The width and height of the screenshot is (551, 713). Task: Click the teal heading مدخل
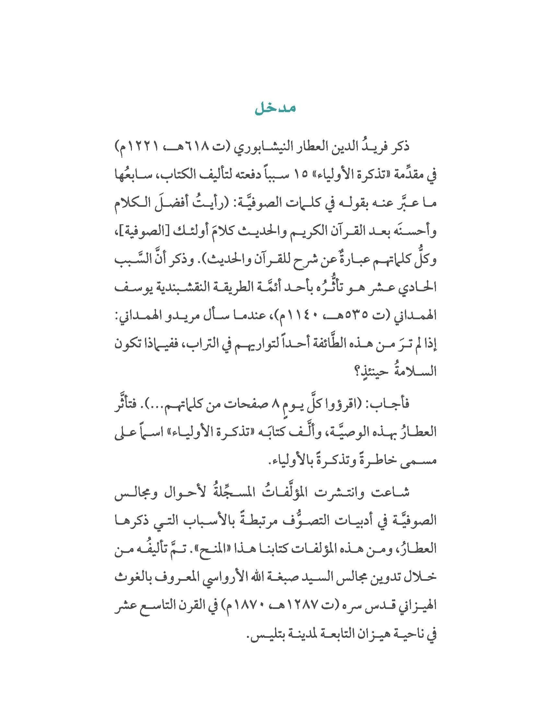point(275,109)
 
